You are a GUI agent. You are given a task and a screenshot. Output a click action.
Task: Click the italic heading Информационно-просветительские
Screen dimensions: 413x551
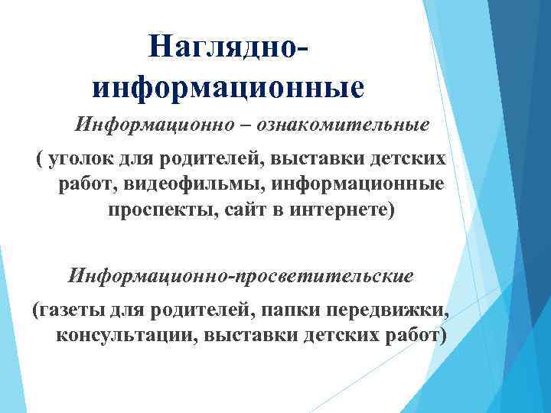241,274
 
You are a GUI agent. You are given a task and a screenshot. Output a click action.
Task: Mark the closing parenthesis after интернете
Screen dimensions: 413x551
394,210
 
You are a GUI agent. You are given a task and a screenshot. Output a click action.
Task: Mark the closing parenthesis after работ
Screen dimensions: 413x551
441,335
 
